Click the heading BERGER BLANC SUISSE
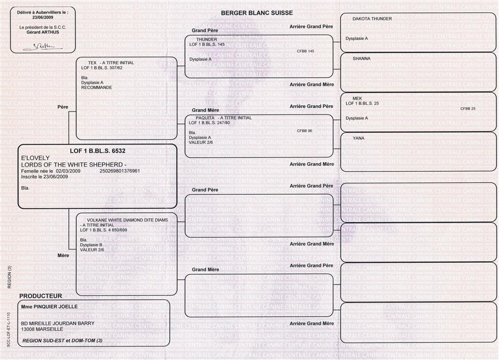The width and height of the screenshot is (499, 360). click(257, 13)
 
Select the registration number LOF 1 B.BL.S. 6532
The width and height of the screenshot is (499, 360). click(97, 151)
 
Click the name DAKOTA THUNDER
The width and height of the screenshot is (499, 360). click(372, 19)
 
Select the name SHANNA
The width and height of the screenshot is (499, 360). click(362, 58)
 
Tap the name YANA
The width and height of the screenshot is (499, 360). click(358, 138)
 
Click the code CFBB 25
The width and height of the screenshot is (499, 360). click(468, 109)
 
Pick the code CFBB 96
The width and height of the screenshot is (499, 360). click(305, 131)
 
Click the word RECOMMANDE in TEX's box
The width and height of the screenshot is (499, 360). click(96, 88)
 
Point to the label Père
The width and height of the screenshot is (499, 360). click(63, 107)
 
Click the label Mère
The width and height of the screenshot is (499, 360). click(63, 255)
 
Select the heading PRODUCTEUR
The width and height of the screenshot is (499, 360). click(40, 296)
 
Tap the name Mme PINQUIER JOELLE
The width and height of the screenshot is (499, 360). click(49, 306)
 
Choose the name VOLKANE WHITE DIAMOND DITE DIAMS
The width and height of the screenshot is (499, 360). click(127, 220)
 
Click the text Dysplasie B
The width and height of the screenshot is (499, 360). click(92, 245)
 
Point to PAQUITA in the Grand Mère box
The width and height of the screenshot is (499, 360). click(205, 118)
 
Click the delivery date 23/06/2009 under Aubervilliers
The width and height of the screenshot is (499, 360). click(43, 17)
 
